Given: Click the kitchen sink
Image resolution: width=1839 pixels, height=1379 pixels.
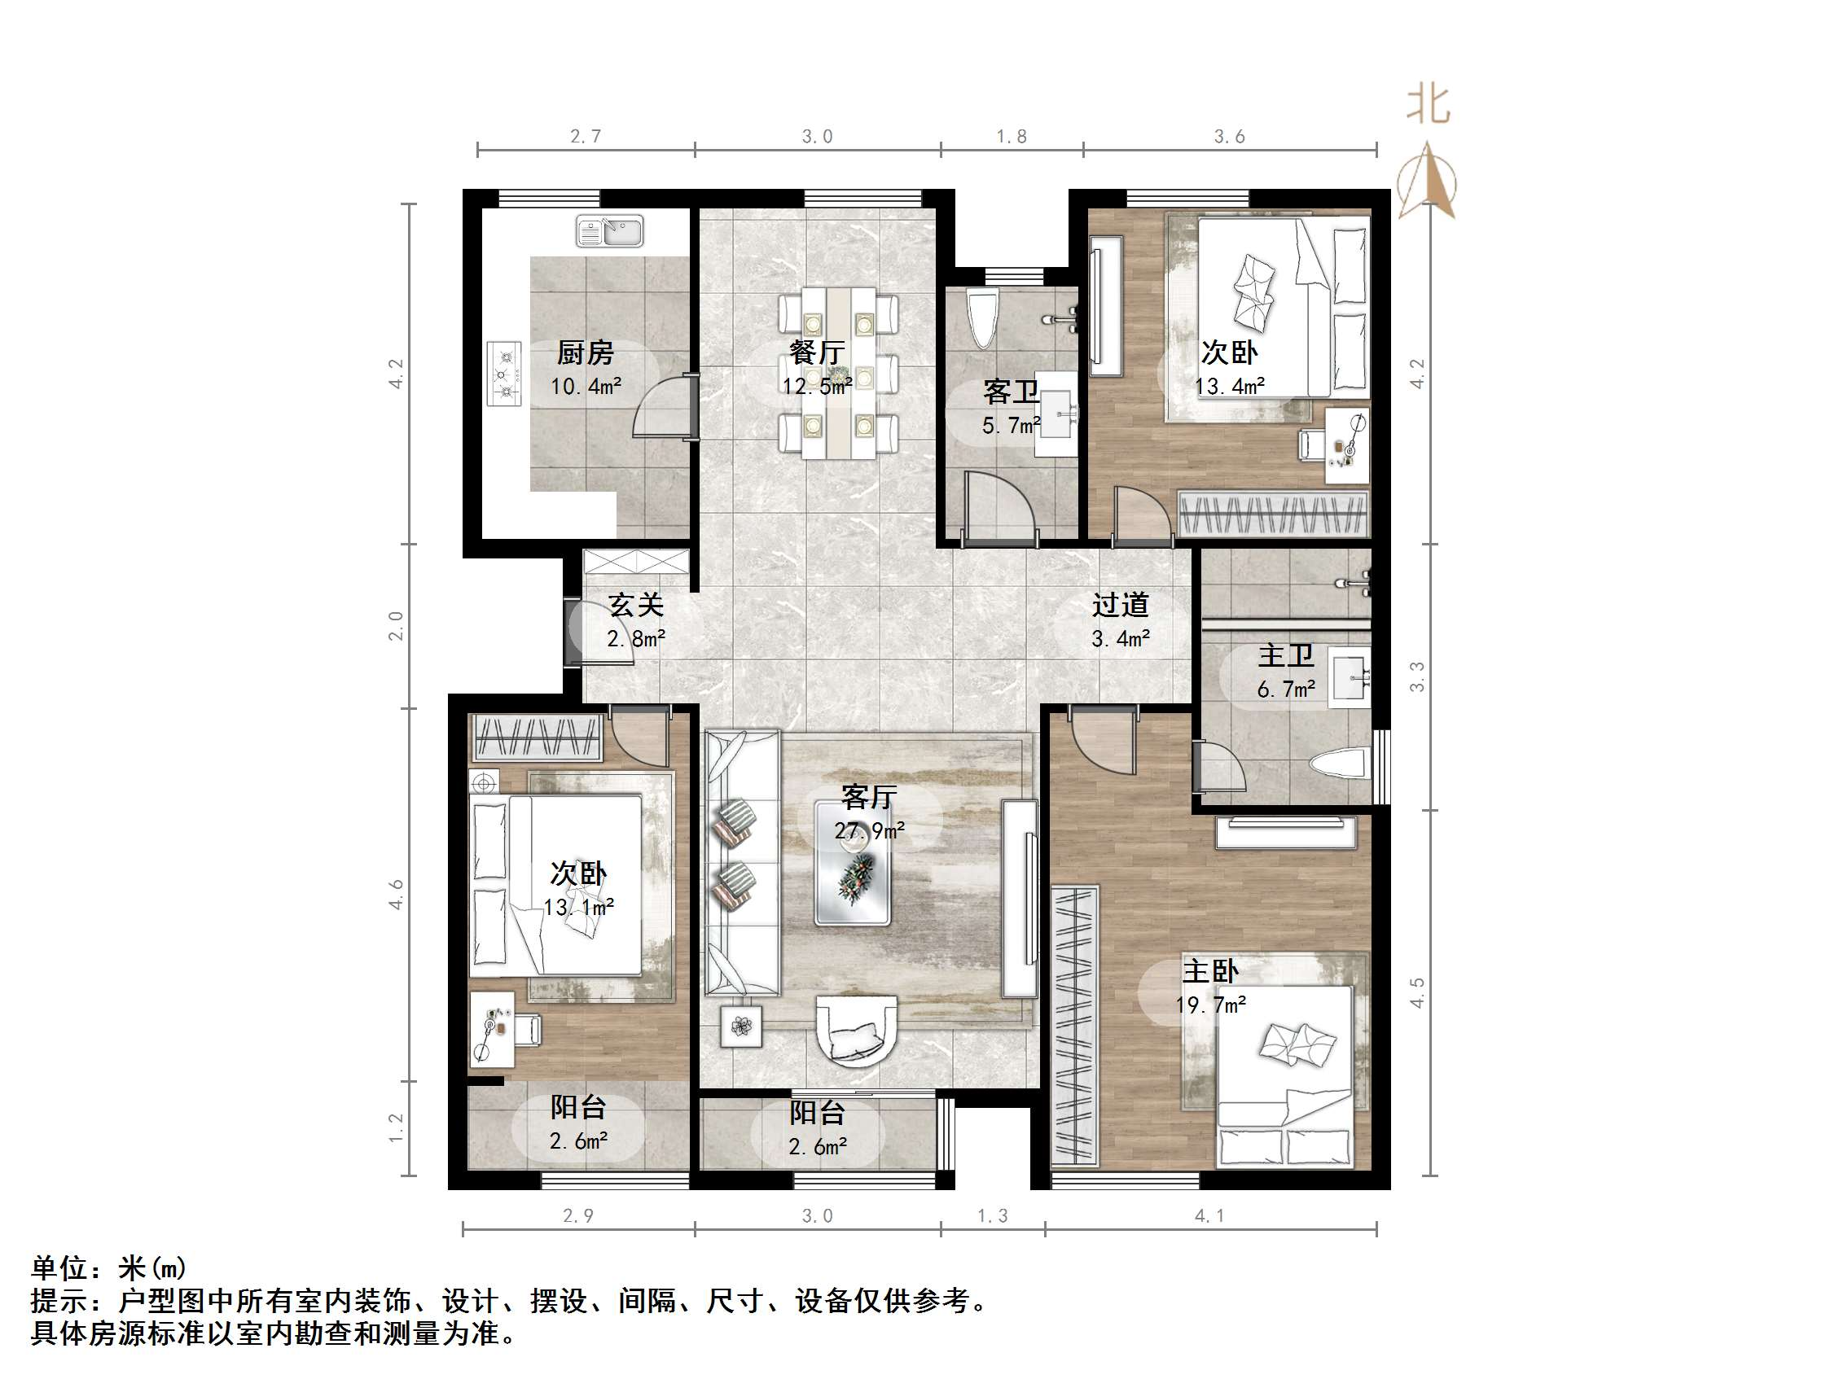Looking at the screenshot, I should tap(609, 230).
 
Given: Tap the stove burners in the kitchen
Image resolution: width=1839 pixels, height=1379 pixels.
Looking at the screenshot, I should tap(504, 374).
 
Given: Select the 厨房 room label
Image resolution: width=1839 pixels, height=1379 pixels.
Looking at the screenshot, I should tap(586, 353).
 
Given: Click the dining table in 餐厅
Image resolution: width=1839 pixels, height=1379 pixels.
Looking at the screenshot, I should tap(838, 373).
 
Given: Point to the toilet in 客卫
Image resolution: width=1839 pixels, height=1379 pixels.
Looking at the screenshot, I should tap(983, 318).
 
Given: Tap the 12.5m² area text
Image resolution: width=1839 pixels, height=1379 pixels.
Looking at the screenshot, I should tap(816, 387).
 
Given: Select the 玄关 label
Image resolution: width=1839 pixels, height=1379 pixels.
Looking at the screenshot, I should tap(636, 605).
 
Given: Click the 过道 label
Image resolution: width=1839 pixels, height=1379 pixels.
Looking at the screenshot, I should tap(1120, 605).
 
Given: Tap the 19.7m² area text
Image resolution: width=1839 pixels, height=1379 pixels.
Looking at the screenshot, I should tap(1210, 1005).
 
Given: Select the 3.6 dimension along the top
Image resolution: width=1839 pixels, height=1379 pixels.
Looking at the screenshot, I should tap(1229, 136).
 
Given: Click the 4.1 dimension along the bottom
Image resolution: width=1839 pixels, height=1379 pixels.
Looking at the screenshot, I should tap(1209, 1216).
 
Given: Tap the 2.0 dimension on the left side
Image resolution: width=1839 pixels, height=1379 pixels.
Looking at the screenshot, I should tap(397, 626).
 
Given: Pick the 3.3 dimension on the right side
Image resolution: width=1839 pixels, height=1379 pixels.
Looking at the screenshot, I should tap(1416, 676).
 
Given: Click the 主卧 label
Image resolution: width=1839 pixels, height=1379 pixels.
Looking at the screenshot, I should tap(1210, 972).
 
